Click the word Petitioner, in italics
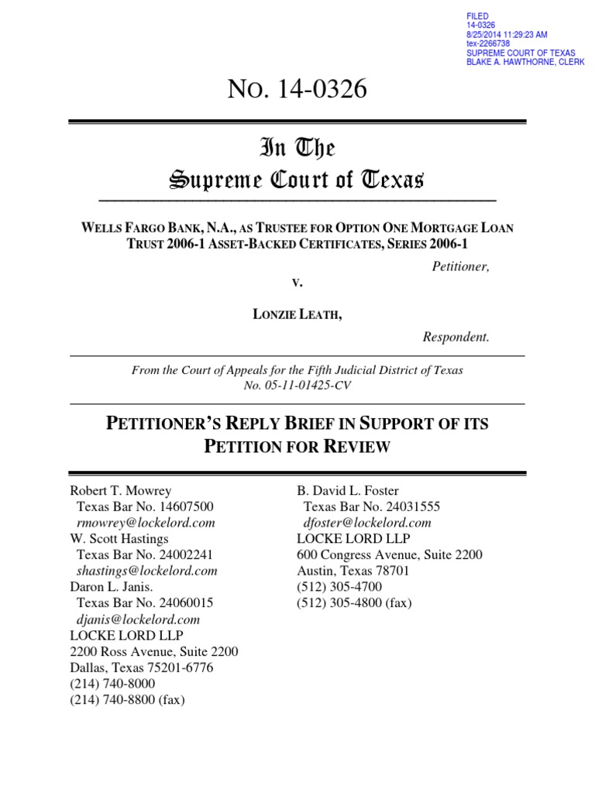coord(460,266)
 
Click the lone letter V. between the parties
coord(297,283)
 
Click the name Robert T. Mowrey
coord(121,490)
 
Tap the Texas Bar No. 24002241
coord(145,554)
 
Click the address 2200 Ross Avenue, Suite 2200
coord(154,651)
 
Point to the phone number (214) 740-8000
coord(112,683)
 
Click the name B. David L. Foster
coord(348,490)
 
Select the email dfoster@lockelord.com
coord(367,523)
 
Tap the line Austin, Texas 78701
coord(353,571)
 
